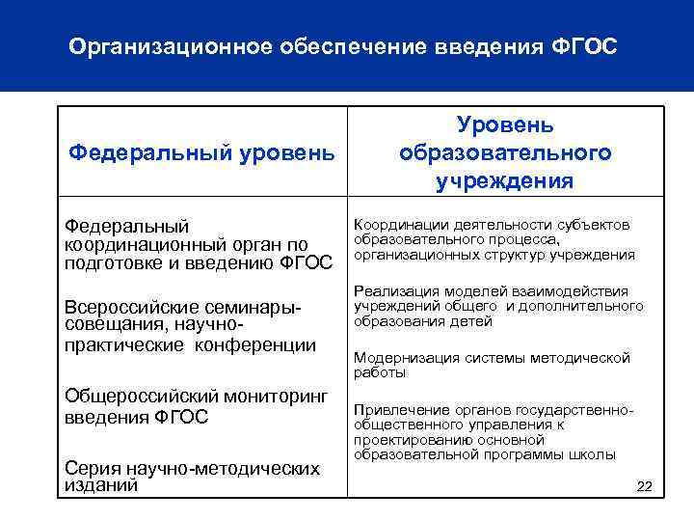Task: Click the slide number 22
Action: click(x=645, y=486)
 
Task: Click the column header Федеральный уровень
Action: click(x=202, y=152)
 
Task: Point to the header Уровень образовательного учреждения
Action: click(x=504, y=152)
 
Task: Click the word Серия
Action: click(x=91, y=468)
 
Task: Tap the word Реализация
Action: click(x=393, y=291)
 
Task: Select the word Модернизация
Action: click(x=408, y=358)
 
